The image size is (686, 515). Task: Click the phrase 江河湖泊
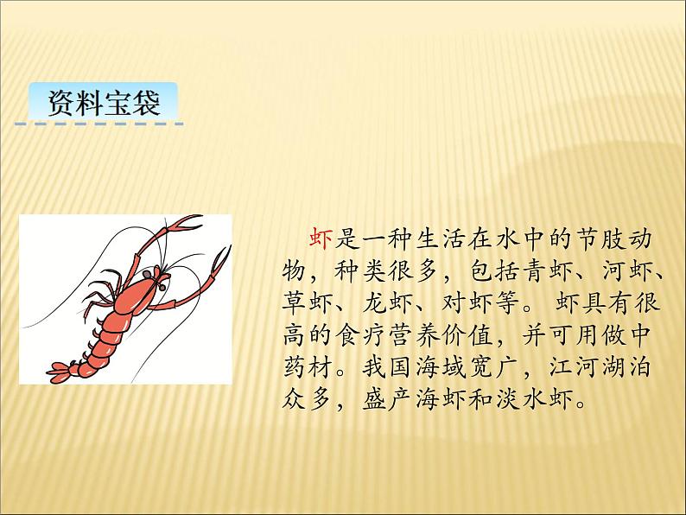point(601,368)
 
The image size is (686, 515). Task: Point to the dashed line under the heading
point(99,125)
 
